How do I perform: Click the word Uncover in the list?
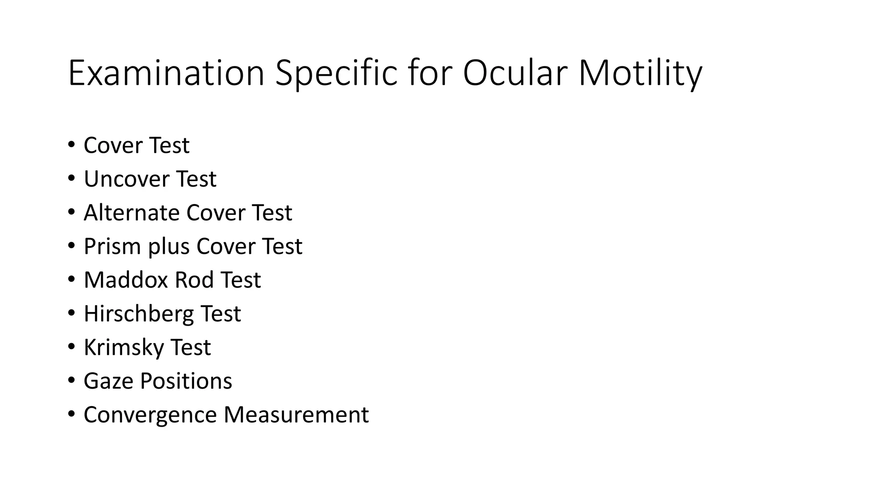(126, 179)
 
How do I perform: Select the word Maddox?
(126, 280)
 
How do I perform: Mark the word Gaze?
(108, 381)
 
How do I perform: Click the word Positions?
(186, 381)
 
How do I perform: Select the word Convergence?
(150, 415)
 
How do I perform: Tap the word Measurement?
(296, 415)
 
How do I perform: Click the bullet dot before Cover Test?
(71, 144)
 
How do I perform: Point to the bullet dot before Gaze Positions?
(71, 380)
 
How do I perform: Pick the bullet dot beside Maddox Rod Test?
(71, 279)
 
